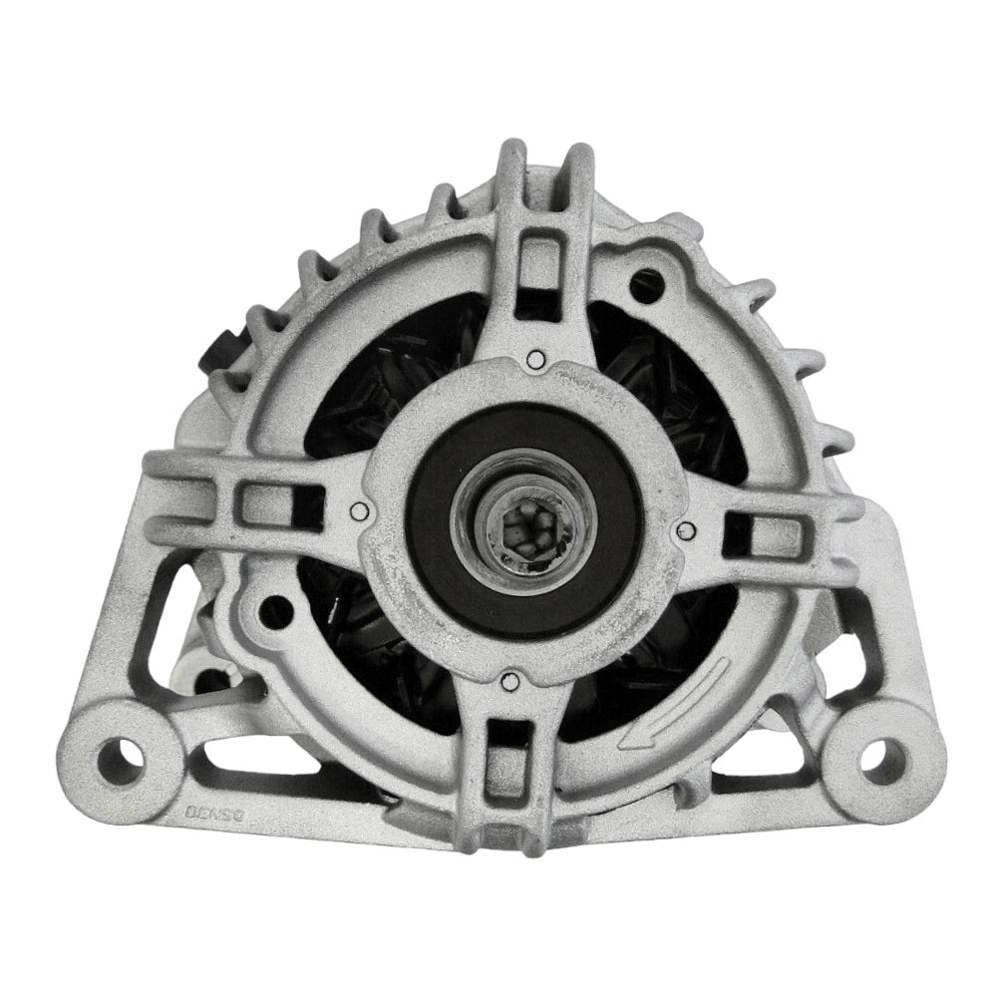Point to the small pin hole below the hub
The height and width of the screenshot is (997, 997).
508,682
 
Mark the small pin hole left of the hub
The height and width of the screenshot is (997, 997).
360,513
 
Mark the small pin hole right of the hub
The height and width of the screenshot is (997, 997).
682,529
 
